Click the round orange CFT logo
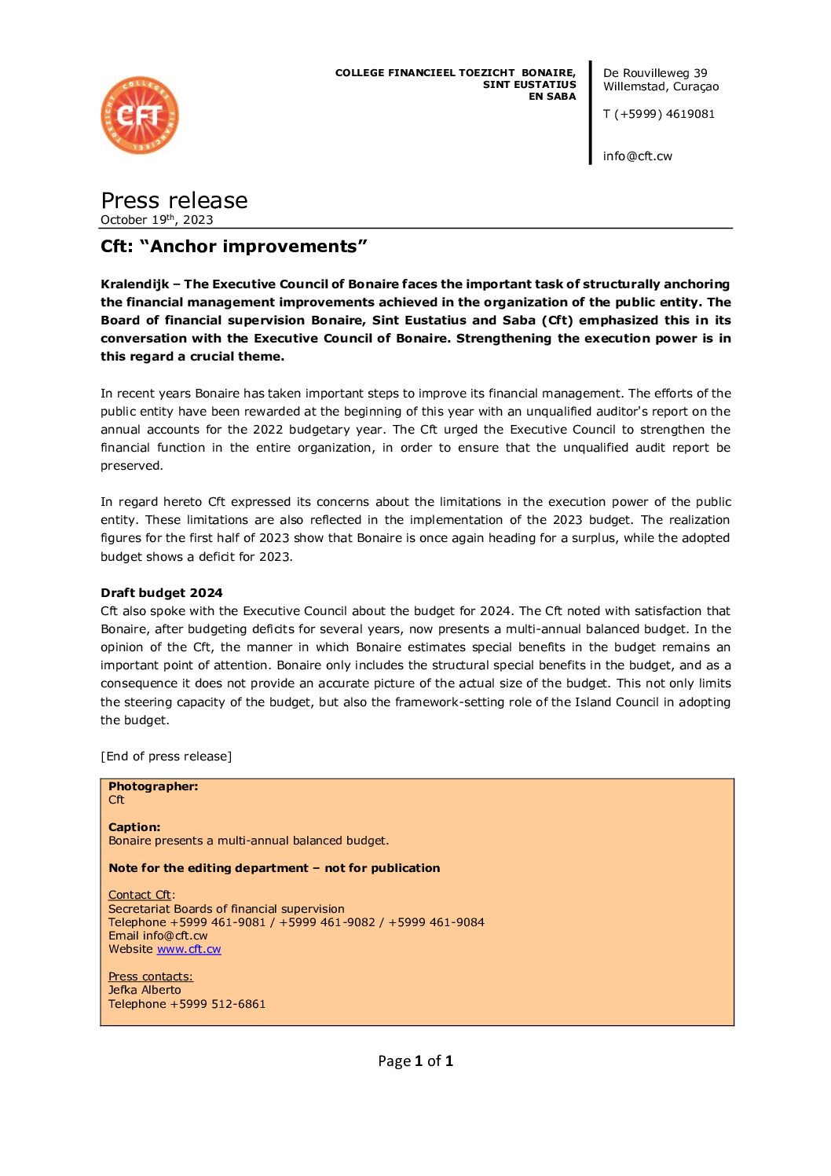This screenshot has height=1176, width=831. [x=140, y=115]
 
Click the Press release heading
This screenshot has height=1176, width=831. [x=174, y=200]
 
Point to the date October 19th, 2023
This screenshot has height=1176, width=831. [x=157, y=220]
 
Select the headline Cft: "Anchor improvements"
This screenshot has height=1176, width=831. [x=233, y=247]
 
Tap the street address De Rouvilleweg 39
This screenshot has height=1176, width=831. [x=655, y=73]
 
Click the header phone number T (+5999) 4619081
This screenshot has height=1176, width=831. [x=659, y=114]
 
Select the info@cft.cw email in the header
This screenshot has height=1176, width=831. [x=638, y=156]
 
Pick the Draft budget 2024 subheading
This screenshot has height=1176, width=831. [x=162, y=593]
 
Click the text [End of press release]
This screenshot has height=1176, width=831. [x=167, y=757]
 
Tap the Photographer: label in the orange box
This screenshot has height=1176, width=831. [x=153, y=786]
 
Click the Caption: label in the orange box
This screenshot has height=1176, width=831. [x=134, y=827]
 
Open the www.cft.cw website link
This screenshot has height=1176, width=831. [x=189, y=949]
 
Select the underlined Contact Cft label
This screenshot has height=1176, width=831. [x=141, y=895]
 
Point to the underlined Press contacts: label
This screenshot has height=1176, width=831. [x=151, y=976]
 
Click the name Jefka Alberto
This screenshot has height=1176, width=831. [x=145, y=990]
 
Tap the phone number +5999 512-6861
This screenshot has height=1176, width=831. [x=218, y=1004]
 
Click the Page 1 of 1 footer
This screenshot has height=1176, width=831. [x=415, y=1061]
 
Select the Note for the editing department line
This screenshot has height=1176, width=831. [x=274, y=868]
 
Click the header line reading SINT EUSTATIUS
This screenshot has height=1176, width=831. [x=529, y=85]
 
